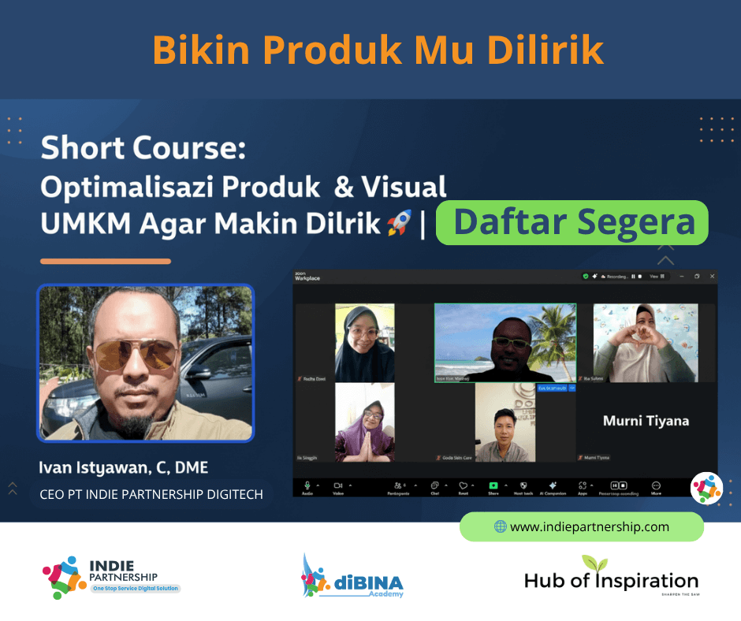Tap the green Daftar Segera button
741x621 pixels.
(x=573, y=222)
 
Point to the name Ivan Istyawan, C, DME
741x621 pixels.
(x=124, y=467)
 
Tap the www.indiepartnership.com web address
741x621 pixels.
(x=590, y=526)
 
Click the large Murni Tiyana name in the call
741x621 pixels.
(x=646, y=421)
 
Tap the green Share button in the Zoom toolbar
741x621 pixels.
(x=493, y=485)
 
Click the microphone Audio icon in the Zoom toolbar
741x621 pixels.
(x=307, y=485)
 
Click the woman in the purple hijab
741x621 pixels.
(x=365, y=423)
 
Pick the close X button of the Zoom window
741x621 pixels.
(x=712, y=277)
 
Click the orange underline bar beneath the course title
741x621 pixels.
(x=106, y=261)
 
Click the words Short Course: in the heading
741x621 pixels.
(x=143, y=147)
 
